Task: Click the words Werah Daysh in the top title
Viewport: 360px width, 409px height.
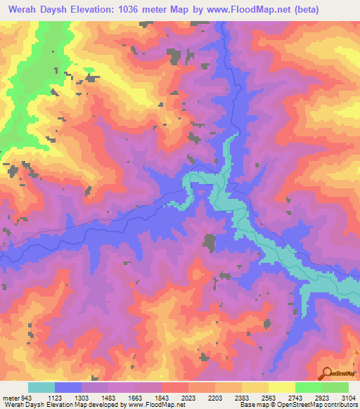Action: [x=37, y=10]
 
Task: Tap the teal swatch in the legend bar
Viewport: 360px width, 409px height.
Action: [x=41, y=387]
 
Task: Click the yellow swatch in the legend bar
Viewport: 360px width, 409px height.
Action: [x=281, y=387]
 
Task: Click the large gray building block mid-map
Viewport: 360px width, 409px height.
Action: [x=209, y=242]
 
